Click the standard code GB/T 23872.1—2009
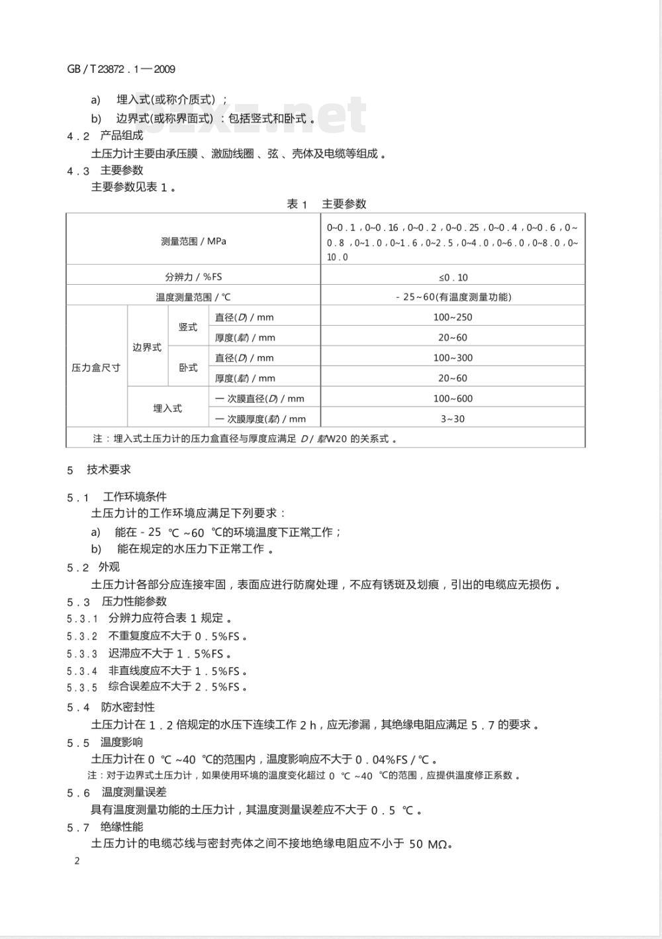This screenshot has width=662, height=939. coord(121,69)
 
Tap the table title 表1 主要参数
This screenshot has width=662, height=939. coord(326,204)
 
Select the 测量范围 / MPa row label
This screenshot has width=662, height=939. coord(193,241)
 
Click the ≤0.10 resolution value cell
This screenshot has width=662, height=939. coord(453,277)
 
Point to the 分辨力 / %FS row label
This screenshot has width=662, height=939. coord(193,277)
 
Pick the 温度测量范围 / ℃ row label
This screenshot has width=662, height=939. coord(193,297)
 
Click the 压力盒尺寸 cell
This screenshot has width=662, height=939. coord(96,368)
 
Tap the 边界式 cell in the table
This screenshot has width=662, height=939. coord(147,348)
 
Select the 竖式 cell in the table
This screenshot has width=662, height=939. coord(188,327)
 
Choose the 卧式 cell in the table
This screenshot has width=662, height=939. coord(188,368)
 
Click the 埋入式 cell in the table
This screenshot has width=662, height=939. coord(167,409)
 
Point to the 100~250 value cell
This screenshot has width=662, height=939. coord(453,317)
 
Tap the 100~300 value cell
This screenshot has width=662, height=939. coord(453,358)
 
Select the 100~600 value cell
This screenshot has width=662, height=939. coord(453,399)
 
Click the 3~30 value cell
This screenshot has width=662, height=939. coord(453,419)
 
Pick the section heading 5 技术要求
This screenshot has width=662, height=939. coord(99,469)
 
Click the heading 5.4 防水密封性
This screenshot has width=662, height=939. coord(111,707)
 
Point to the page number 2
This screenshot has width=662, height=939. coord(77,861)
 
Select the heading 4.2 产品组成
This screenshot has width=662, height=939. coord(105,136)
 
